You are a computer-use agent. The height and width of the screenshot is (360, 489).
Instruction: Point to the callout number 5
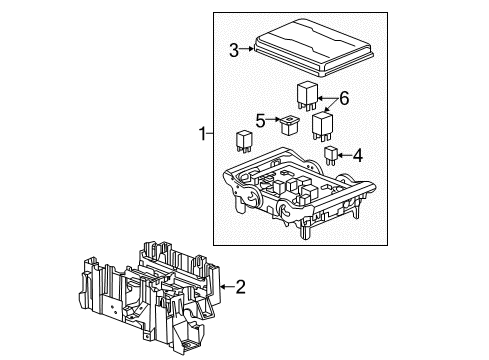(x=259, y=122)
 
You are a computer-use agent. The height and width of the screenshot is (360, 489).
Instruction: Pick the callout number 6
(x=345, y=98)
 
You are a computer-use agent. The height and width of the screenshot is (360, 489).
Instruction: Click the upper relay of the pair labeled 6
(x=307, y=95)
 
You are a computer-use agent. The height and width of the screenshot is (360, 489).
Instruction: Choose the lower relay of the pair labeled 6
(x=323, y=128)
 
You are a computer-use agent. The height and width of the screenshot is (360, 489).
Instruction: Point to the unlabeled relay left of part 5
(x=243, y=143)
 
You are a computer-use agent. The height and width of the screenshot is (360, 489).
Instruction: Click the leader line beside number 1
(x=212, y=134)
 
